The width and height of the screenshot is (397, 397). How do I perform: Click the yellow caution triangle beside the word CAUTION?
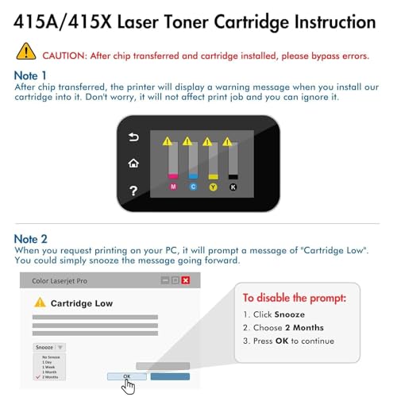point(26,52)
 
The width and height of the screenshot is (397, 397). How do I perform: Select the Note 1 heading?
point(31,75)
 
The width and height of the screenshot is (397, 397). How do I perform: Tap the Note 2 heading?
point(32,239)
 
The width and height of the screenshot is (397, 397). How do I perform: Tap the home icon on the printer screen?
point(133,164)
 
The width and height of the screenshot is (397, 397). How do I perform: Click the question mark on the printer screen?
point(133,191)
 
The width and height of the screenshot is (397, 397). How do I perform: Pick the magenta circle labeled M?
point(174,187)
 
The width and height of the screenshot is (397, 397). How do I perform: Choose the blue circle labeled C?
point(193,187)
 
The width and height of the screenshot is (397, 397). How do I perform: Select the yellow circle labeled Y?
point(213,187)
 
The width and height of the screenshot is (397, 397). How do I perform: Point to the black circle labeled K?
point(233,187)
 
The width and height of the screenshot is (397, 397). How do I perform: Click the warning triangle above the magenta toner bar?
point(168,141)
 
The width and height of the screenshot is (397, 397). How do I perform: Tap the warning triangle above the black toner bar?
point(227,141)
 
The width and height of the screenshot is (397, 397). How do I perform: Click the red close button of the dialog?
point(186,280)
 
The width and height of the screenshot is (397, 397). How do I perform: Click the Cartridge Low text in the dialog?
point(82,303)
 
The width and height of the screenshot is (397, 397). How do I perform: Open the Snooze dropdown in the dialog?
point(49,348)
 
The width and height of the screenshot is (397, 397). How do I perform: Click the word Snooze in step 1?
point(289,314)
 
